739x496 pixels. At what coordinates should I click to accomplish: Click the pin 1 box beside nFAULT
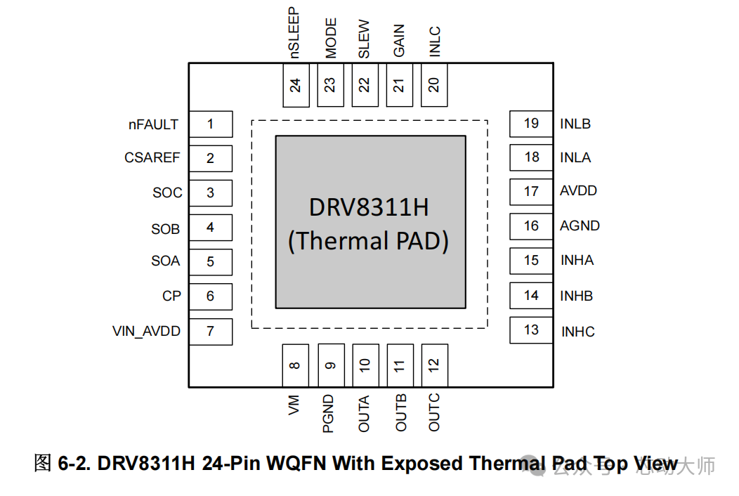pyautogui.click(x=211, y=125)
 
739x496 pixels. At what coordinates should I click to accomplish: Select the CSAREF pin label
pyautogui.click(x=152, y=158)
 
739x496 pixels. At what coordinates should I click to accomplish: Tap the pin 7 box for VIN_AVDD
pyautogui.click(x=211, y=331)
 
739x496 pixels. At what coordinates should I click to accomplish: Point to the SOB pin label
pyautogui.click(x=166, y=229)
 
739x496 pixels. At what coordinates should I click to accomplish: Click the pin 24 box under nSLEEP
pyautogui.click(x=296, y=85)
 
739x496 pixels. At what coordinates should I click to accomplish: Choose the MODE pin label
pyautogui.click(x=331, y=39)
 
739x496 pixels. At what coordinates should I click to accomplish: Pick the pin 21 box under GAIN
pyautogui.click(x=399, y=85)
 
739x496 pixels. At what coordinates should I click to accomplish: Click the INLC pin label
pyautogui.click(x=434, y=42)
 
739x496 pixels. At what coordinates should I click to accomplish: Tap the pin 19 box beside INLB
pyautogui.click(x=531, y=124)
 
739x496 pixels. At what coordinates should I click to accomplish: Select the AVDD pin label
pyautogui.click(x=579, y=191)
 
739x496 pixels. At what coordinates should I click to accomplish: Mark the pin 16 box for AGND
pyautogui.click(x=531, y=226)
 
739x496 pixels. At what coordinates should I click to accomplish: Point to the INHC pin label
pyautogui.click(x=578, y=332)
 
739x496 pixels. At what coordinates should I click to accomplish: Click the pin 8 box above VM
pyautogui.click(x=295, y=365)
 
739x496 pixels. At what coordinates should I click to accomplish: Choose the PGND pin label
pyautogui.click(x=329, y=414)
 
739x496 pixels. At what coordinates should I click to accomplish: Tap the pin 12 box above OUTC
pyautogui.click(x=434, y=365)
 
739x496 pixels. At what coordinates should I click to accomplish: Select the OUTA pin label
pyautogui.click(x=364, y=414)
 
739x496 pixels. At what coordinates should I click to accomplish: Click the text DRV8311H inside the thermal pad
pyautogui.click(x=369, y=208)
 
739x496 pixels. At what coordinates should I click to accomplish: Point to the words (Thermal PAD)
pyautogui.click(x=369, y=240)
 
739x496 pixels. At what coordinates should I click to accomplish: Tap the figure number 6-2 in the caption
pyautogui.click(x=74, y=464)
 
